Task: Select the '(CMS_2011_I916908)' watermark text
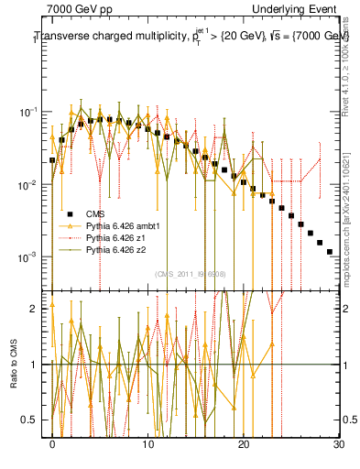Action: coord(191,273)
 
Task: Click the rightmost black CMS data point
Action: coord(329,251)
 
